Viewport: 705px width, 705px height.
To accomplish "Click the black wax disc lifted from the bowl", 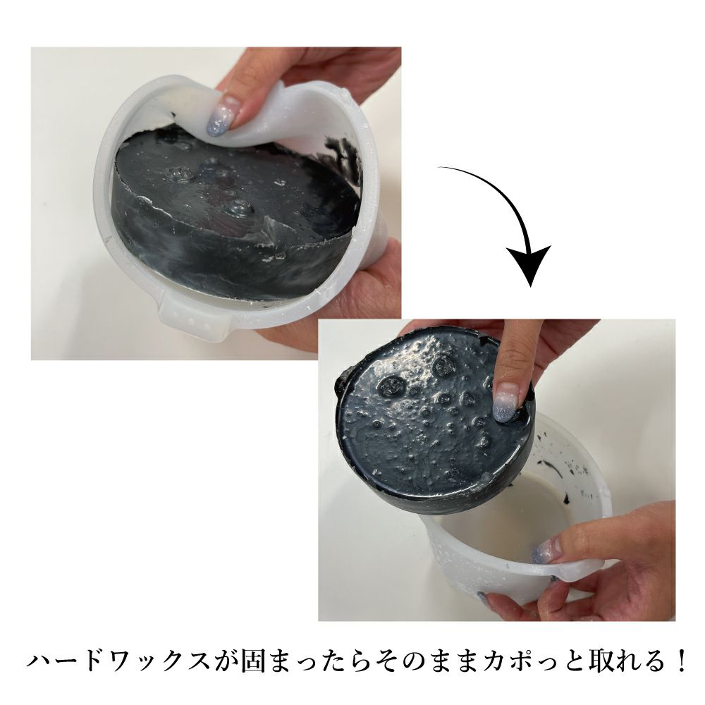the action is pos(433,420).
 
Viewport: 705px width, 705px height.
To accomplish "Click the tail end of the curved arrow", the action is pos(440,168).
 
